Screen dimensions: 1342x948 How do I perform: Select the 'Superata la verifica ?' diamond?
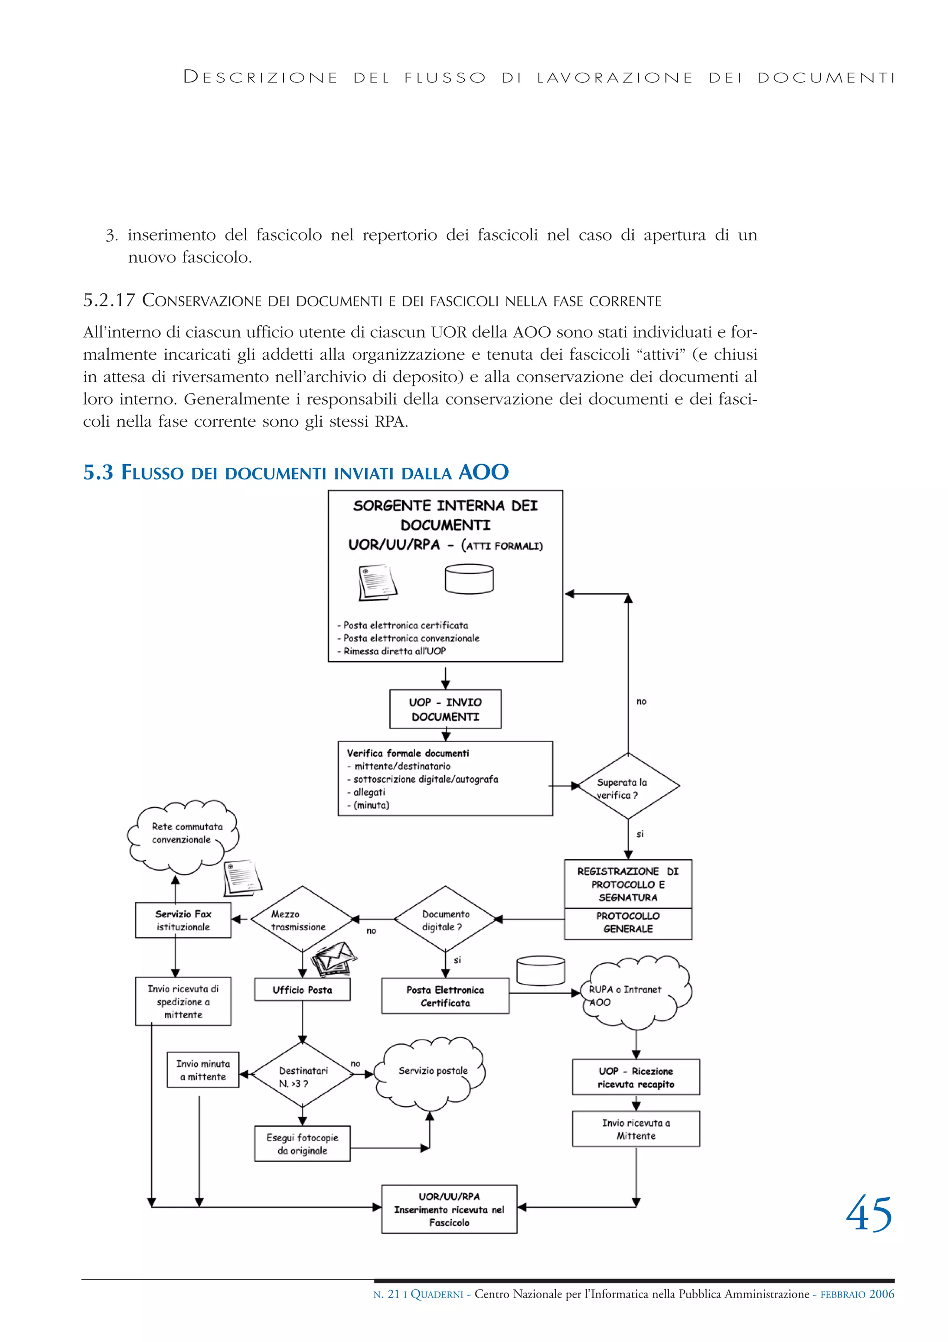click(x=628, y=787)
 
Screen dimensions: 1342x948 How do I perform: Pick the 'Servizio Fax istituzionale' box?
click(x=183, y=920)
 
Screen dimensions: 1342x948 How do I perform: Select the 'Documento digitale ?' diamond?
click(x=445, y=920)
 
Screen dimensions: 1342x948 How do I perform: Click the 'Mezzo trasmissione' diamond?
click(x=301, y=920)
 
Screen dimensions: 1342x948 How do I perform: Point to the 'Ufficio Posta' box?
click(x=302, y=989)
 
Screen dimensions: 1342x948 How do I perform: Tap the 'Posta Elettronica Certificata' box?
click(x=445, y=996)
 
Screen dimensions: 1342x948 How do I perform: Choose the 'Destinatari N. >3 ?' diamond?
click(x=302, y=1076)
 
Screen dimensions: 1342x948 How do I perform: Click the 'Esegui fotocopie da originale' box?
click(x=302, y=1143)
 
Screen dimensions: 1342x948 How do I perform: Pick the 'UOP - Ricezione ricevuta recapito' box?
click(x=636, y=1077)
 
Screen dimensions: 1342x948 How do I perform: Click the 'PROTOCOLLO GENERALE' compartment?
click(x=628, y=923)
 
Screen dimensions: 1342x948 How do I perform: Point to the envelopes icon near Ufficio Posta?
click(x=333, y=958)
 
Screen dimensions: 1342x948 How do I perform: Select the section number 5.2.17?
click(x=109, y=300)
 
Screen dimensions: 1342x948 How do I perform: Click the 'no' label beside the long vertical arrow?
click(x=641, y=702)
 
